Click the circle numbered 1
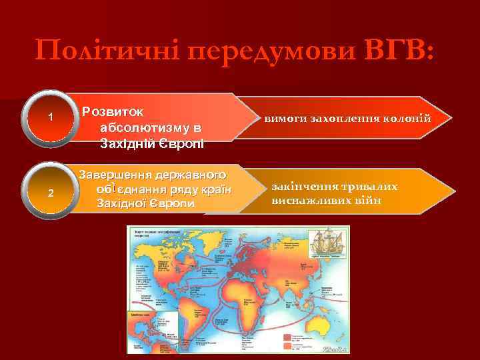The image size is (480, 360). (51, 118)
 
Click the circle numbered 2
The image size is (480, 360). (51, 193)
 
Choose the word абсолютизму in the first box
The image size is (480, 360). (149, 126)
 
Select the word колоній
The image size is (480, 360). (409, 119)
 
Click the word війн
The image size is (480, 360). (368, 200)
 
